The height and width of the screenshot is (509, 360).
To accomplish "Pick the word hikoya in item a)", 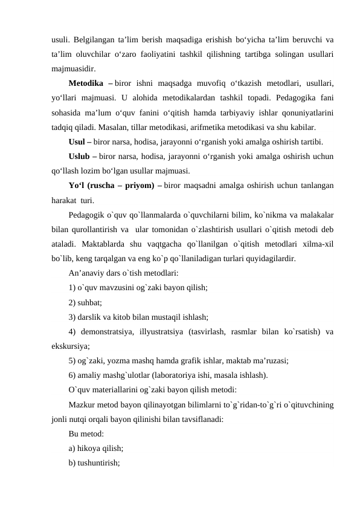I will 91,449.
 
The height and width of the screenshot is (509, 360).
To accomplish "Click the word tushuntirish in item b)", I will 98,463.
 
